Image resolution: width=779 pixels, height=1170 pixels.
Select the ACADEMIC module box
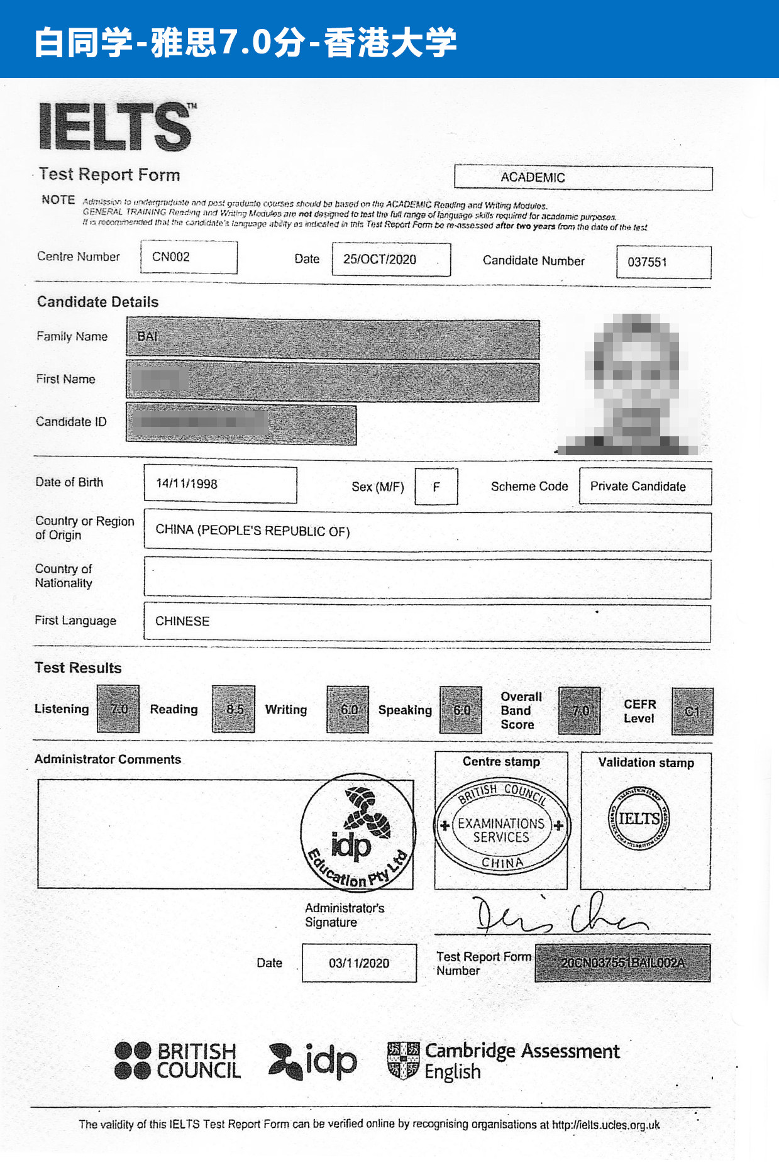pyautogui.click(x=583, y=178)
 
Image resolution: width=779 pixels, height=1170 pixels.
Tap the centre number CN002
pyautogui.click(x=189, y=257)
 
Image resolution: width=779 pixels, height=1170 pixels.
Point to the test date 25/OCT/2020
pyautogui.click(x=390, y=260)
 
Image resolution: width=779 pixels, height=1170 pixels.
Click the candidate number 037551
pyautogui.click(x=663, y=262)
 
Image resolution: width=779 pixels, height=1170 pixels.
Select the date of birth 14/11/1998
pyautogui.click(x=220, y=484)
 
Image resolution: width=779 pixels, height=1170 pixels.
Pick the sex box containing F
pyautogui.click(x=436, y=487)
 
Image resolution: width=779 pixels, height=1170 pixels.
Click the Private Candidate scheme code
pyautogui.click(x=645, y=487)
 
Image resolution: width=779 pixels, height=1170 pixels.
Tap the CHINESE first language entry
pyautogui.click(x=183, y=621)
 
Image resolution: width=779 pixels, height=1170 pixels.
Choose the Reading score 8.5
pyautogui.click(x=234, y=709)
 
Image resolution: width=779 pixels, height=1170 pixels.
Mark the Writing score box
pyautogui.click(x=348, y=710)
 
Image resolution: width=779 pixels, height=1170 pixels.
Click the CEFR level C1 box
pyautogui.click(x=692, y=712)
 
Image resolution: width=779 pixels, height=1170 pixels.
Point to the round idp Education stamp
pyautogui.click(x=358, y=831)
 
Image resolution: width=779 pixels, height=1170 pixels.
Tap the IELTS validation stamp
pyautogui.click(x=639, y=818)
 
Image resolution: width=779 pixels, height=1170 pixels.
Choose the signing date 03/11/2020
pyautogui.click(x=359, y=963)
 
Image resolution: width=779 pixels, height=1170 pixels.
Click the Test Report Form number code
pyautogui.click(x=622, y=963)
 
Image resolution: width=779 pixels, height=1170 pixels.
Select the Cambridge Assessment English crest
pyautogui.click(x=403, y=1061)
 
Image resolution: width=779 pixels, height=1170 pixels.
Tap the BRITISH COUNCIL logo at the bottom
pyautogui.click(x=178, y=1061)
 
